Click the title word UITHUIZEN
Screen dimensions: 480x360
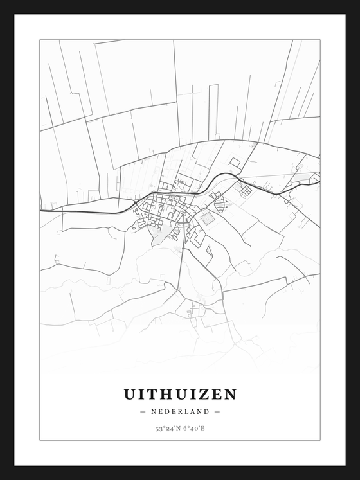click(x=179, y=394)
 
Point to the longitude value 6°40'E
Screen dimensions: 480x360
click(x=194, y=428)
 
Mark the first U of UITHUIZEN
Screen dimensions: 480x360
click(x=129, y=394)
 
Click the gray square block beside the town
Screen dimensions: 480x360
click(x=207, y=218)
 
